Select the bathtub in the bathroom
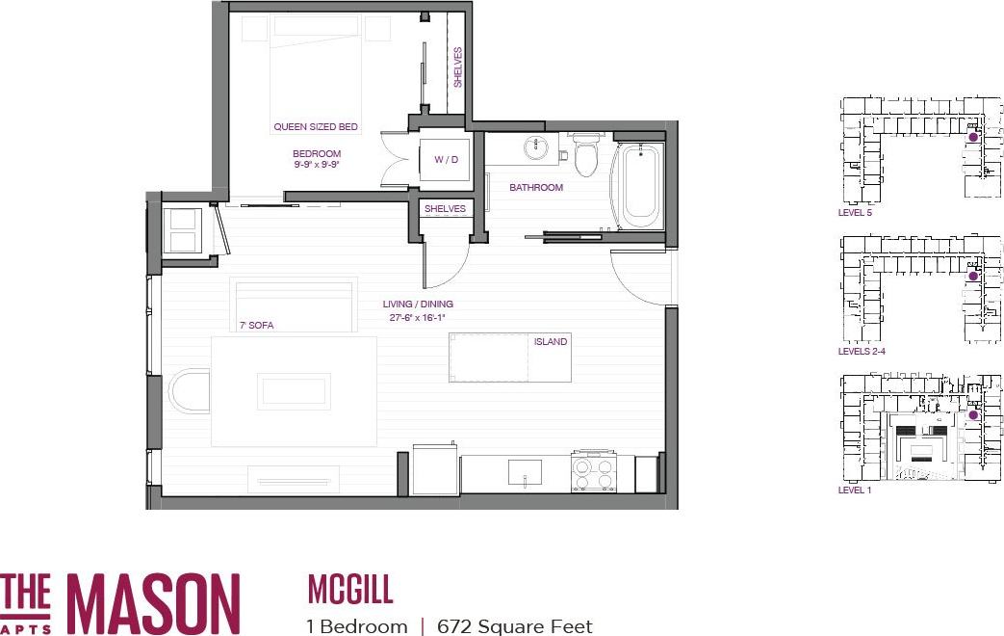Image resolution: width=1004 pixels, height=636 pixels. coord(638,185)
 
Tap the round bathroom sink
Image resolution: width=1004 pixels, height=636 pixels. coord(535,148)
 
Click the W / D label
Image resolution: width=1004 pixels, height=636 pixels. coord(446,159)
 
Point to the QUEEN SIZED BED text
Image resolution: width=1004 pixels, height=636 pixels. coord(316,127)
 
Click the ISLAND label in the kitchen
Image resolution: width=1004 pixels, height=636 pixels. coord(551,342)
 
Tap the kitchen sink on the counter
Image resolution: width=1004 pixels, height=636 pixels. coord(525,472)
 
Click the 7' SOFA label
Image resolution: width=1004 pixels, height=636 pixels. coord(256,326)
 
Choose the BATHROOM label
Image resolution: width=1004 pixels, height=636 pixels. coord(536,188)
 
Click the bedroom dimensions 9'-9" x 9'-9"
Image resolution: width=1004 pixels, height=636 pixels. coord(317,165)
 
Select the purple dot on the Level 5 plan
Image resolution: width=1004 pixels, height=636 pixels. coord(972,138)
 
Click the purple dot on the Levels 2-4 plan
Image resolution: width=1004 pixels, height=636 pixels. coord(972,277)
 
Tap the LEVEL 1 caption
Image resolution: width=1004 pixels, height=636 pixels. coord(855,490)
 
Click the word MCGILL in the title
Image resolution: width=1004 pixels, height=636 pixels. coord(350,588)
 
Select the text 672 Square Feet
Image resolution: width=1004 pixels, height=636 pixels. coord(514,626)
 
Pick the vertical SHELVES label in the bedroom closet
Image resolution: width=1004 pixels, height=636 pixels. coord(458,67)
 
